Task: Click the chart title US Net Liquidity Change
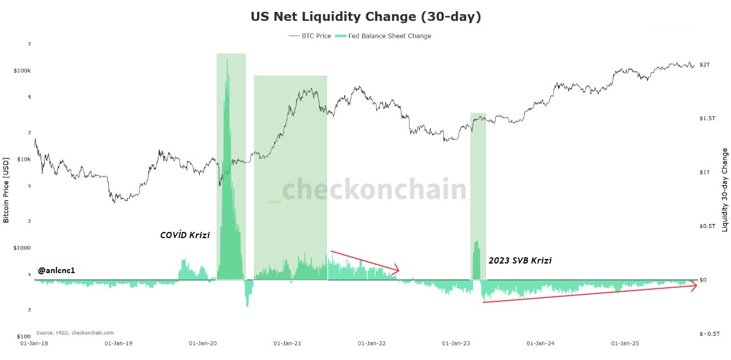click(365, 17)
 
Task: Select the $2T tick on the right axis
click(704, 65)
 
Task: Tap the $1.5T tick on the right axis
click(707, 118)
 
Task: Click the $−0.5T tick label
click(709, 334)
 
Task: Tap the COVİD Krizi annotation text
click(185, 235)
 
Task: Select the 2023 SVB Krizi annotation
click(520, 261)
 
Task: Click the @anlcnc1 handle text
click(56, 271)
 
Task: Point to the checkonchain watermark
click(374, 190)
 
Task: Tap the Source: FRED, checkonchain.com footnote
click(75, 333)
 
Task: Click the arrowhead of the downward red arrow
click(397, 270)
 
